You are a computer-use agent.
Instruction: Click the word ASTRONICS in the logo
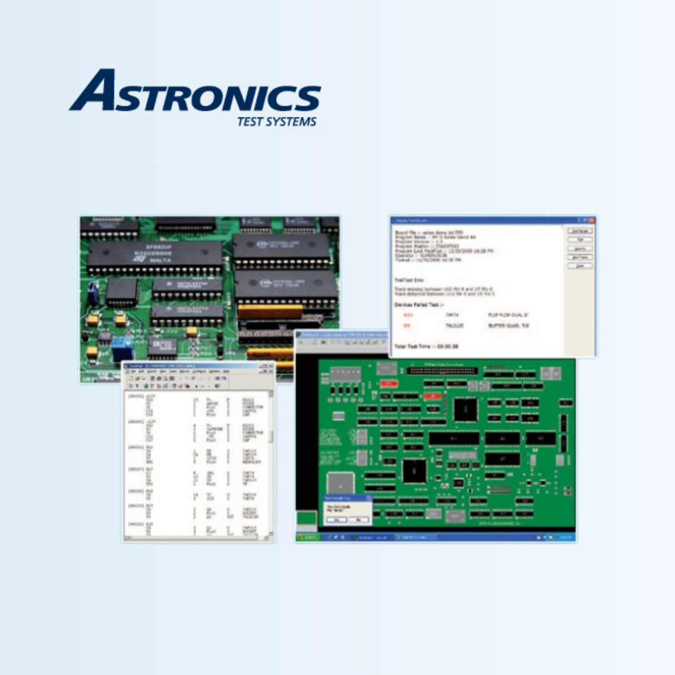[195, 94]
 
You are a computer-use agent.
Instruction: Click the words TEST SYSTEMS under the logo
[276, 121]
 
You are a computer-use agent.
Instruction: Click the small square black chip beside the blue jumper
[122, 291]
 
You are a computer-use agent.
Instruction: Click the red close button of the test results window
[591, 220]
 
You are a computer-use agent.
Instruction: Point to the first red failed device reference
[407, 316]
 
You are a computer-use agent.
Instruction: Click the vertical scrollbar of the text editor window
[271, 462]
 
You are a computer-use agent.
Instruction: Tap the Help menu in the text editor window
[226, 371]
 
